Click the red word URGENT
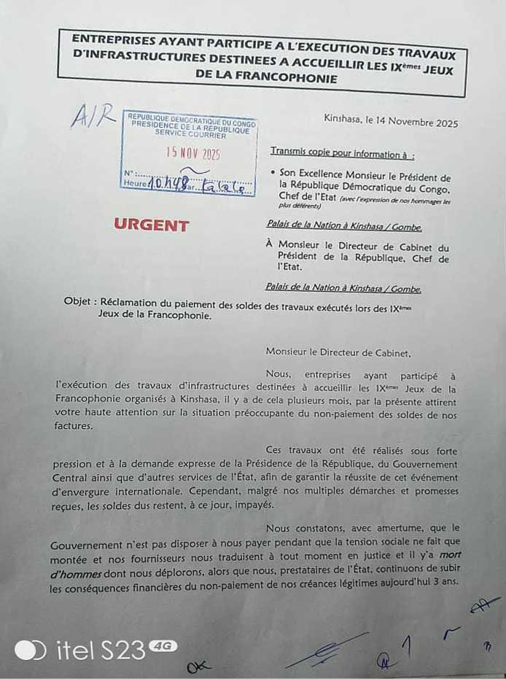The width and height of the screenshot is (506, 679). [151, 225]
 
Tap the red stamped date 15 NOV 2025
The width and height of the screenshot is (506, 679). [192, 153]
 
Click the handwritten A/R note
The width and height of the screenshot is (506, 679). [93, 115]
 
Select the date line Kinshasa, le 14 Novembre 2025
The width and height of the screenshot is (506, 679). [391, 123]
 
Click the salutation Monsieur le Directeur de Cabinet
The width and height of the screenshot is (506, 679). [338, 352]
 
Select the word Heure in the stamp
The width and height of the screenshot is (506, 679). [135, 184]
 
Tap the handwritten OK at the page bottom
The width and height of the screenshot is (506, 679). [195, 667]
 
